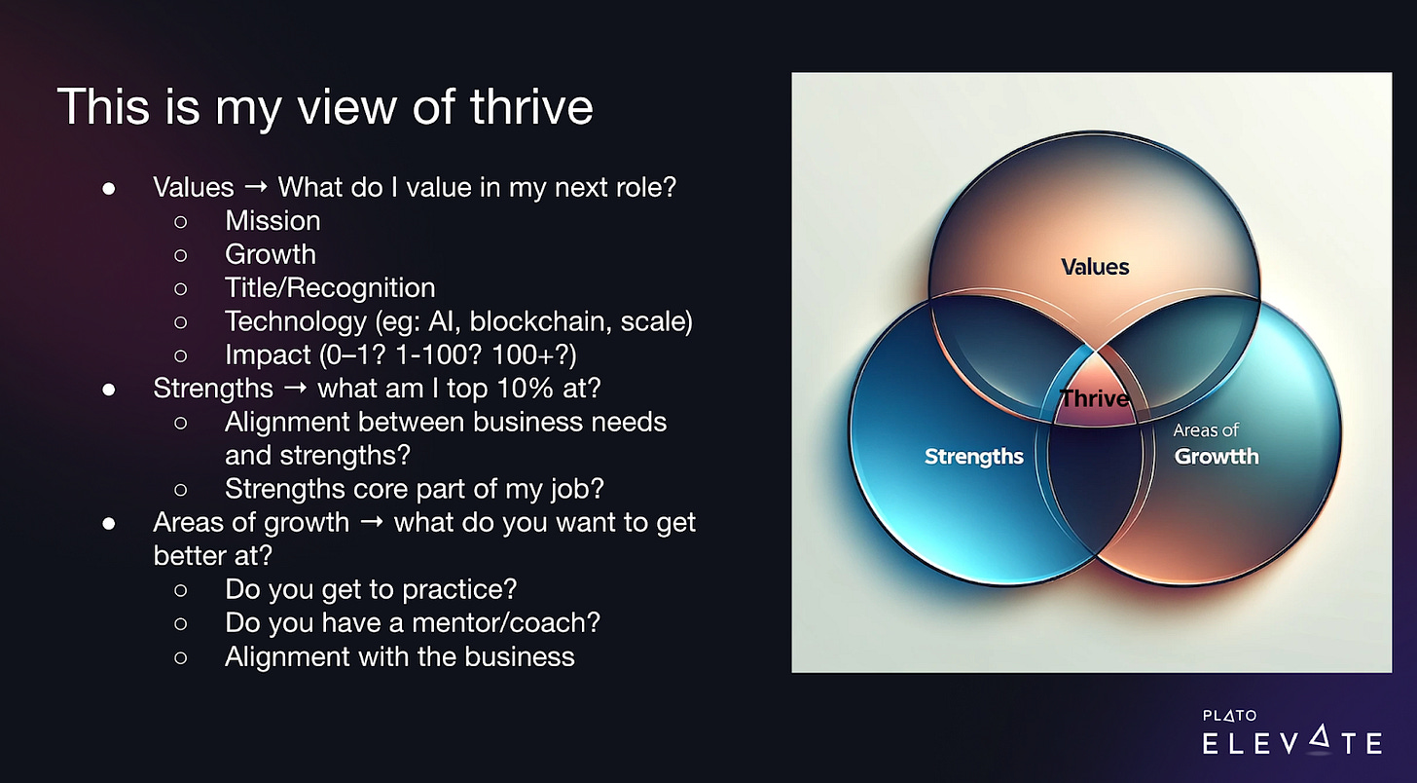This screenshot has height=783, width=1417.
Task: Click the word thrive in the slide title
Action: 531,106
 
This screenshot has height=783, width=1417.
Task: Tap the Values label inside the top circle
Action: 1095,267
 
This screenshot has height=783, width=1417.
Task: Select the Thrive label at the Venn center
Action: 1094,398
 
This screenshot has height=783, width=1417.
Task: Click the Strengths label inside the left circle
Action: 973,457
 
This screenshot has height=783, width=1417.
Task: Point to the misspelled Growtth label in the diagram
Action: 1217,457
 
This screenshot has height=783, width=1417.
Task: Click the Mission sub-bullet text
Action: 272,221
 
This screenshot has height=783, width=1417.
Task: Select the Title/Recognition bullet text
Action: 330,288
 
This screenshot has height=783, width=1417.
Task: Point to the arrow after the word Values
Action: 256,187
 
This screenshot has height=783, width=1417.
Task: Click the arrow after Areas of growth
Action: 372,522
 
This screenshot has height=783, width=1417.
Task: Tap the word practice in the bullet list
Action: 459,590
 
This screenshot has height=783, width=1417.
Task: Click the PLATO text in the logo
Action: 1229,715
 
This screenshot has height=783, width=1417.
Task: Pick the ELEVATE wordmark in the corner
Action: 1292,741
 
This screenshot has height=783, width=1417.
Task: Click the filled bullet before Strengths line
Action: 109,390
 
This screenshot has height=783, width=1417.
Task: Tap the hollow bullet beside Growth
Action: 181,255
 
